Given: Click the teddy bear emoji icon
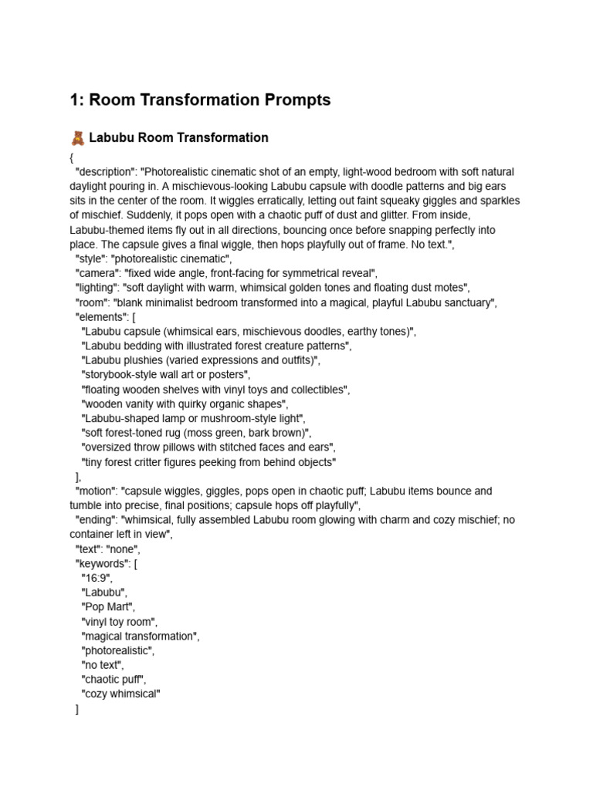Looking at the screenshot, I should click(x=77, y=138).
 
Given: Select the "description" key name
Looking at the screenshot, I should click(x=106, y=171).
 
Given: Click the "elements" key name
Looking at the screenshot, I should click(x=100, y=316).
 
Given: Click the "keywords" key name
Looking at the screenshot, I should click(x=102, y=563).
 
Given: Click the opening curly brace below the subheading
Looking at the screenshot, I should click(x=71, y=157).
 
